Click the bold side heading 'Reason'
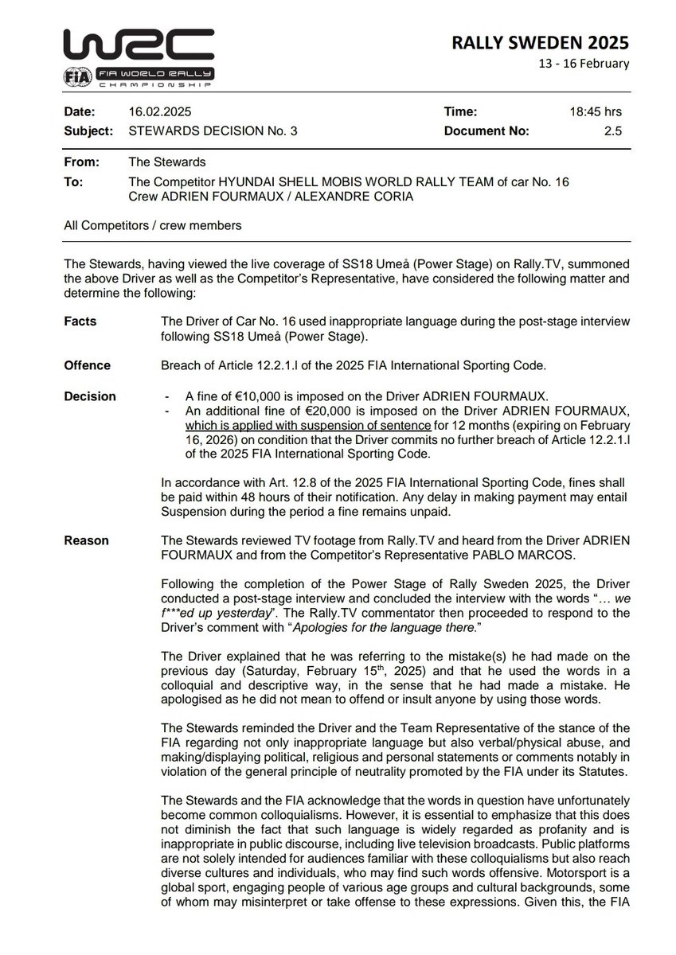[86, 540]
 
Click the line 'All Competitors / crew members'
[152, 226]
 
